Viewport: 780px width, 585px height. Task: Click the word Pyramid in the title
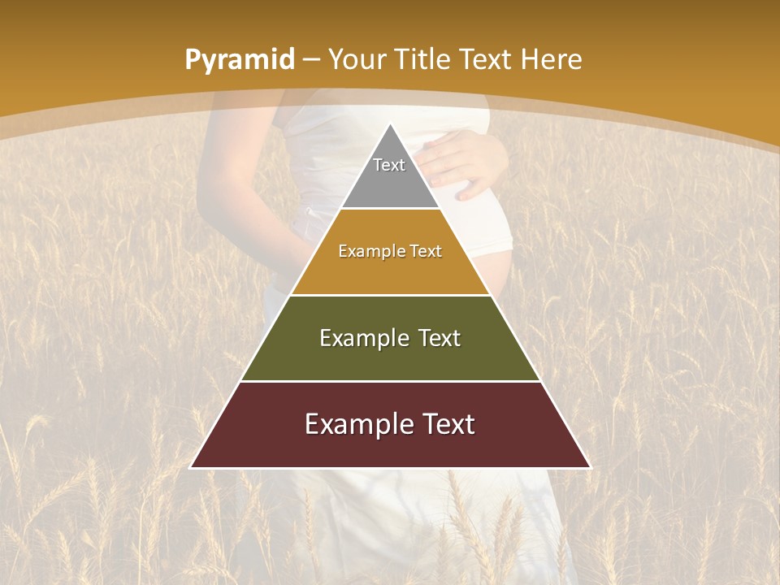[239, 60]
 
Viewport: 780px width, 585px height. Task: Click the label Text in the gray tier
[389, 165]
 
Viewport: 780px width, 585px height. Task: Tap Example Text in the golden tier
[390, 251]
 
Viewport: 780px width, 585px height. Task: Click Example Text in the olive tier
[390, 338]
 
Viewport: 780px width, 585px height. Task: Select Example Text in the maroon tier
[390, 424]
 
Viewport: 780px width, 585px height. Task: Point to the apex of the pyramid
[391, 124]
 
